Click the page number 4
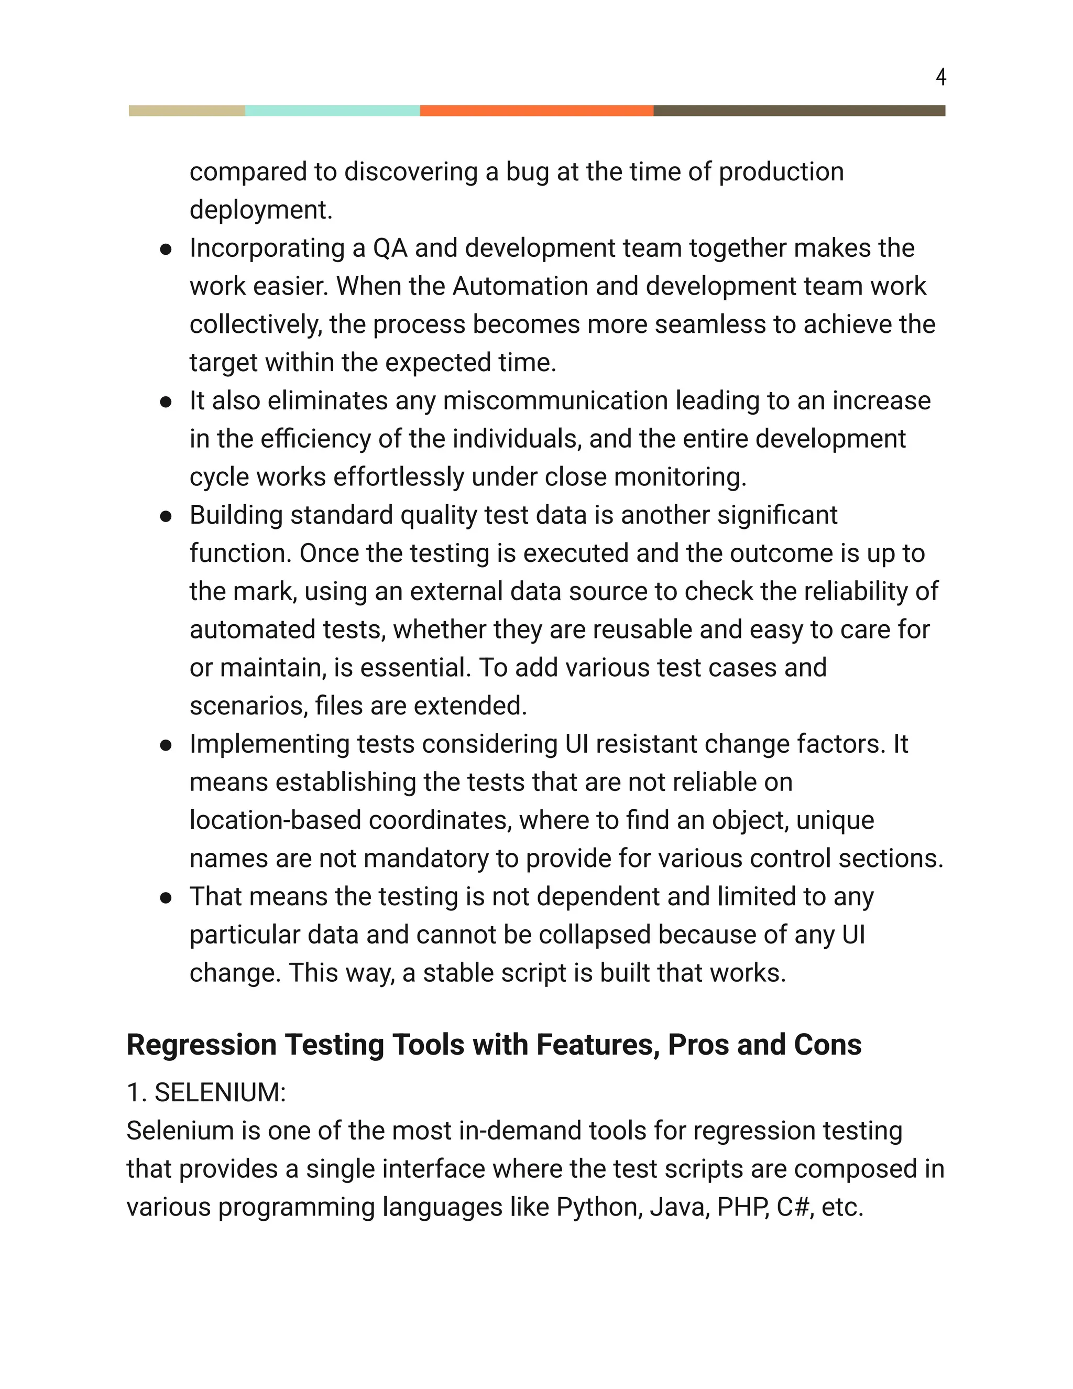(x=941, y=77)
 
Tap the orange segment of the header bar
(x=536, y=111)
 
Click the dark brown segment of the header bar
(x=799, y=111)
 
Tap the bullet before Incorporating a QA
(x=166, y=249)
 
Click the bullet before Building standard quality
(x=166, y=516)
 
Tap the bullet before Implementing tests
(x=166, y=745)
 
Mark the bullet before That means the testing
(x=166, y=898)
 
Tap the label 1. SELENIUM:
(x=206, y=1093)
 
